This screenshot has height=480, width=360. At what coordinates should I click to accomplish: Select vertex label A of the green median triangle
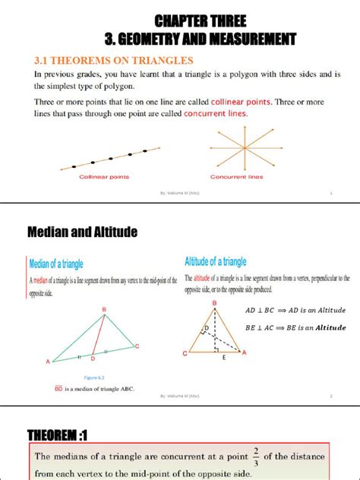click(48, 362)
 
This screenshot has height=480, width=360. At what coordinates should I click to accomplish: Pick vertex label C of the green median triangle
click(137, 346)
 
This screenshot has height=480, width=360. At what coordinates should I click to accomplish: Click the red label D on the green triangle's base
click(93, 358)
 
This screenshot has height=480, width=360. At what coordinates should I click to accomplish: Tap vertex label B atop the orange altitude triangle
click(214, 302)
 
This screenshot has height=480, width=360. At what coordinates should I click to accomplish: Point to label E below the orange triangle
click(224, 364)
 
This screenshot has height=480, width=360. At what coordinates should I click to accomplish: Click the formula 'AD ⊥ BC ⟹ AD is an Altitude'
click(295, 310)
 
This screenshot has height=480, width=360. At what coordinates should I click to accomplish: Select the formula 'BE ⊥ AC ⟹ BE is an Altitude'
click(295, 327)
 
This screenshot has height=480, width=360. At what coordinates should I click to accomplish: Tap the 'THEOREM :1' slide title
click(58, 435)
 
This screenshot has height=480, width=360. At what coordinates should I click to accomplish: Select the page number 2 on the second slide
click(331, 396)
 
